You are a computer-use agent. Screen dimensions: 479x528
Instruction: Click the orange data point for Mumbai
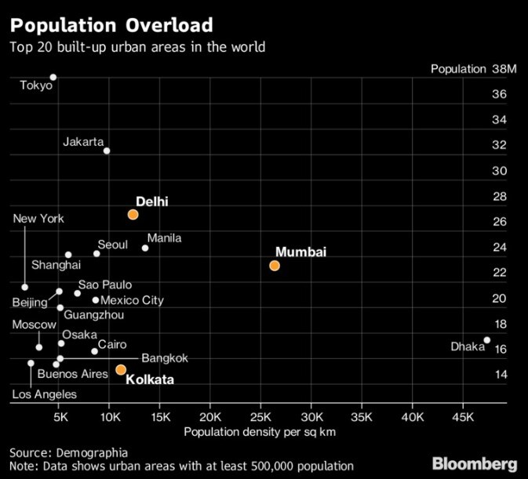[275, 266]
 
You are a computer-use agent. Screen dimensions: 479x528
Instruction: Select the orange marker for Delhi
[133, 214]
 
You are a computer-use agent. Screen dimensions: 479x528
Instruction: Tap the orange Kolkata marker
[121, 369]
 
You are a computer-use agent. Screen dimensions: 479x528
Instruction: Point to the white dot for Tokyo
[53, 78]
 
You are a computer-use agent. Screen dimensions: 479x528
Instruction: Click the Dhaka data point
[486, 340]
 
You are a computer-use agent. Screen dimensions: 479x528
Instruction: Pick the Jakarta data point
[107, 151]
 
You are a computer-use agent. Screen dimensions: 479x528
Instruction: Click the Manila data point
[145, 248]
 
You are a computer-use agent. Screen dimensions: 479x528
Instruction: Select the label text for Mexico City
[133, 300]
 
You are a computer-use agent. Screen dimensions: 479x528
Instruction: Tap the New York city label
[38, 219]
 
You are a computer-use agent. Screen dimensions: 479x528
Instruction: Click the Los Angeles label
[44, 394]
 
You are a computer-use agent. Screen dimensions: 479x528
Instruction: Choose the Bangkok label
[165, 358]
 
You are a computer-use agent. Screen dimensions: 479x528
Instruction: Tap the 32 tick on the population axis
[499, 145]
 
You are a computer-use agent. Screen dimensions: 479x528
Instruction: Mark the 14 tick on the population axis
[499, 375]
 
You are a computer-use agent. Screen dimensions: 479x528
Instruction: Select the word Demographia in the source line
[93, 452]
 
